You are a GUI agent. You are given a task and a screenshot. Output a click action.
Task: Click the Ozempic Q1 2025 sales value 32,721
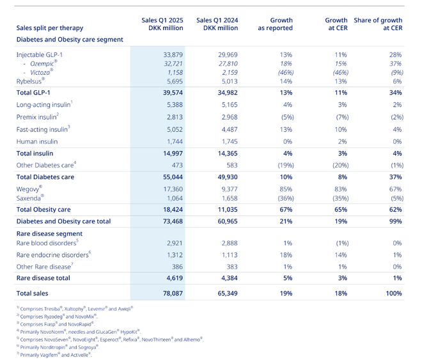point(173,64)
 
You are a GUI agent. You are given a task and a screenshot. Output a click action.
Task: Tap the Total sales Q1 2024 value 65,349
point(228,293)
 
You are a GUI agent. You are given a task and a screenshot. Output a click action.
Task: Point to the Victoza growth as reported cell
point(286,73)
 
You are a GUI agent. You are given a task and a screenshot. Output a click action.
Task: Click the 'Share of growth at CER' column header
point(378,24)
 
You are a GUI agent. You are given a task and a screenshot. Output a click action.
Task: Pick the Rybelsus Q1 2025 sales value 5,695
point(175,81)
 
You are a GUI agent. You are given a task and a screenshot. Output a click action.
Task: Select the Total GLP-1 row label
point(33,93)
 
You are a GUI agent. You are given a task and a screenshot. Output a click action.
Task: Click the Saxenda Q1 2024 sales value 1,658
point(230,198)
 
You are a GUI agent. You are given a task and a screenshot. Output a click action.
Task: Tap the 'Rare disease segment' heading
point(49,233)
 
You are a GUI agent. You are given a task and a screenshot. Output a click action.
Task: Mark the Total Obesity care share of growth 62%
point(395,210)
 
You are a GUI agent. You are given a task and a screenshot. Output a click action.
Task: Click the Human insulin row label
point(37,141)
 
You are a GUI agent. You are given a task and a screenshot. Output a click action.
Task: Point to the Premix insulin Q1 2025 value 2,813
point(175,117)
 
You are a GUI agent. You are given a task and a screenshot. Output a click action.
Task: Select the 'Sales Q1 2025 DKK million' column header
point(162,24)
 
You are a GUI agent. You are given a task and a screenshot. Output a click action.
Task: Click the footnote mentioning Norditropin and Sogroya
point(58,347)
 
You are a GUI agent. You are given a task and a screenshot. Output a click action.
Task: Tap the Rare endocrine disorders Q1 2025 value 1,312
point(175,254)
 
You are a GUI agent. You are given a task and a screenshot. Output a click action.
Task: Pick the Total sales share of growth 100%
point(394,293)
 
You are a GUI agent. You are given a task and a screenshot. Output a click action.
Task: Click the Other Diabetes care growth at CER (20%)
point(340,165)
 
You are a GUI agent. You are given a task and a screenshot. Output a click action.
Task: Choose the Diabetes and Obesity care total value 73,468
point(173,221)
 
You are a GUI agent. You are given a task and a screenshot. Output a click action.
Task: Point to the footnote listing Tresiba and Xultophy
point(75,309)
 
